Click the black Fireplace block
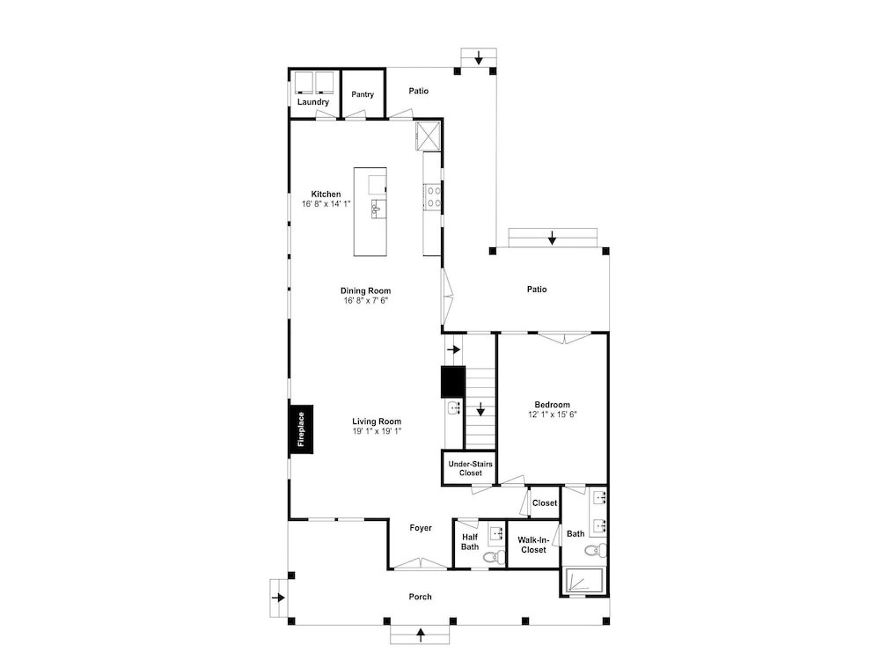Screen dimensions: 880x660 point(301,429)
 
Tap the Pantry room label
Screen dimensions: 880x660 point(363,94)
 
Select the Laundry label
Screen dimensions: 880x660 point(313,101)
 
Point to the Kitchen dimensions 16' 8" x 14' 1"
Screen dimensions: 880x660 point(326,204)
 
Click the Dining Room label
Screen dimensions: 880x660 point(365,290)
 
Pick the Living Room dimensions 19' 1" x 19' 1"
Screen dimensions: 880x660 point(377,431)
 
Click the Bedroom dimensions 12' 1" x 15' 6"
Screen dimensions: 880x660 point(553,414)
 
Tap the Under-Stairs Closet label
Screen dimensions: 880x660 point(470,468)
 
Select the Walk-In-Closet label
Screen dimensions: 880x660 point(533,545)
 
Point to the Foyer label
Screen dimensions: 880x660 point(421,527)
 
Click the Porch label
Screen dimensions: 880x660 point(421,597)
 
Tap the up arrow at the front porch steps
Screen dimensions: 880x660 point(421,634)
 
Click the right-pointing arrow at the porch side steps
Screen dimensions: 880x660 point(278,598)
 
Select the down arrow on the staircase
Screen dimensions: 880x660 point(480,409)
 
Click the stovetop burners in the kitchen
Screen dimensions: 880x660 point(433,196)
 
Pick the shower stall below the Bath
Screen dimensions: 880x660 point(583,580)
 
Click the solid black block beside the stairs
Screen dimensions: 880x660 point(453,382)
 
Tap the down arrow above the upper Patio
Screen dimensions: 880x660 point(479,57)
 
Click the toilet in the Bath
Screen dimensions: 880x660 point(596,549)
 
